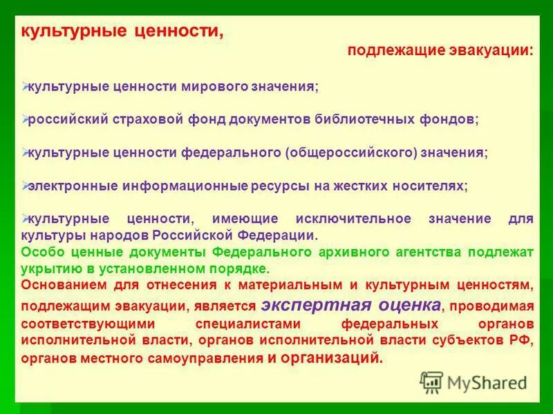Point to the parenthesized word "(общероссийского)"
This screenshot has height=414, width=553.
point(352,152)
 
